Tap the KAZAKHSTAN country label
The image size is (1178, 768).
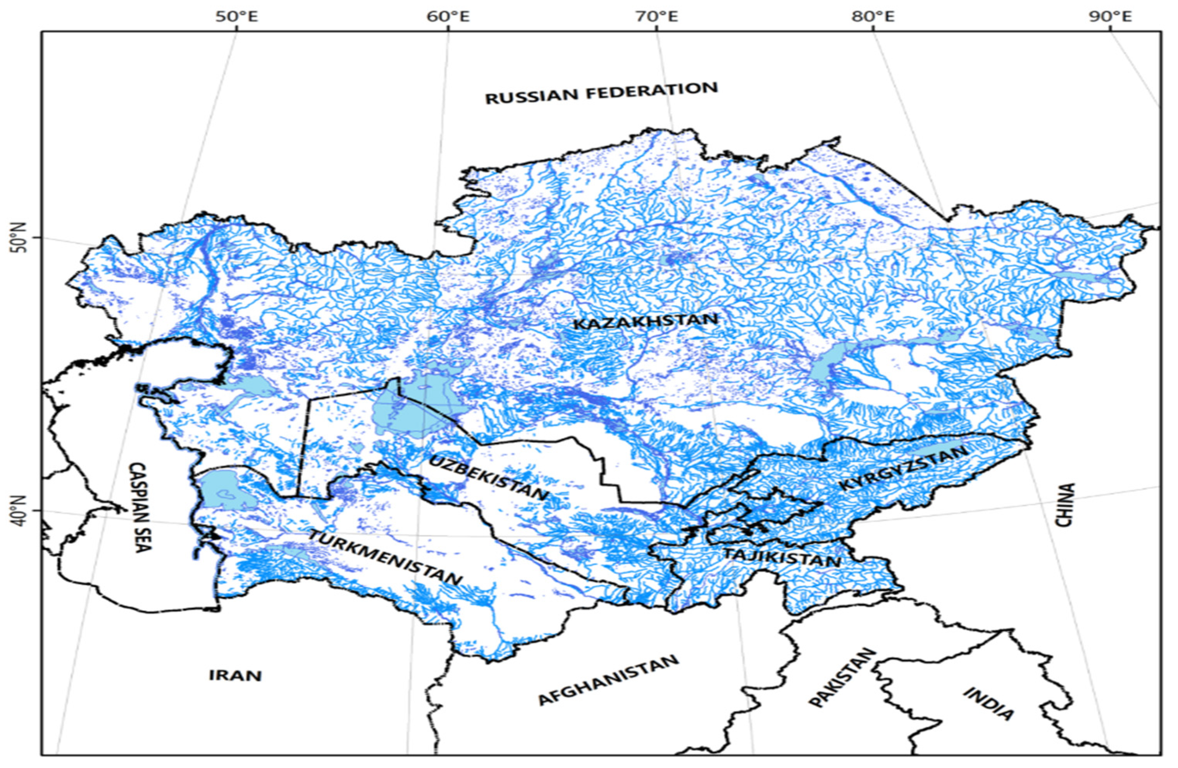click(x=645, y=322)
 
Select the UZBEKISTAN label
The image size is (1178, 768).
click(x=489, y=477)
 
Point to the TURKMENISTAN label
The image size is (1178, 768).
click(x=385, y=557)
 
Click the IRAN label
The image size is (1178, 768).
click(x=234, y=675)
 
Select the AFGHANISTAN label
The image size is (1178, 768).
click(x=608, y=680)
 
